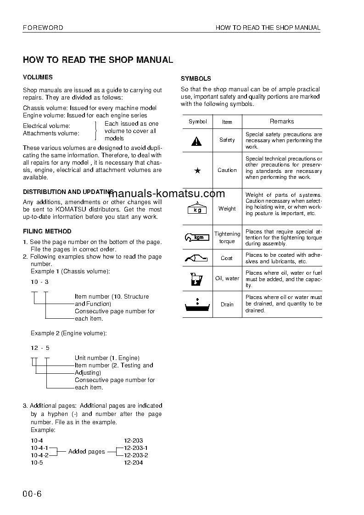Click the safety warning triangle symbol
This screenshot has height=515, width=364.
[196, 141]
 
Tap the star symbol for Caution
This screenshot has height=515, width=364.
[197, 171]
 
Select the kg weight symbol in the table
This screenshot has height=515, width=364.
[197, 209]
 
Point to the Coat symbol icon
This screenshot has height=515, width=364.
[197, 258]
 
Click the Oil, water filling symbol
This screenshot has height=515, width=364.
[196, 279]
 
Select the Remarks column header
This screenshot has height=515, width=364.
[282, 122]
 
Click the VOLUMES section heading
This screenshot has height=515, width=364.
[38, 78]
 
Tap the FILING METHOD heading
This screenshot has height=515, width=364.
[47, 232]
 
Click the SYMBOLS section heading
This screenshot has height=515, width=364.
[196, 79]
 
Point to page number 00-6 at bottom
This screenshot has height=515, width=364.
[32, 494]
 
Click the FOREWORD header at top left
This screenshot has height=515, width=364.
[43, 28]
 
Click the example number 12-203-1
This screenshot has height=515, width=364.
[136, 448]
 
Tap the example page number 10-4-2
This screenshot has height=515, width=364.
[39, 455]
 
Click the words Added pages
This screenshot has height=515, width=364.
[87, 452]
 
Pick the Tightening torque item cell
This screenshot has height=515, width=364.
[227, 238]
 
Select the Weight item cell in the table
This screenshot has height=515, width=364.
[227, 209]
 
